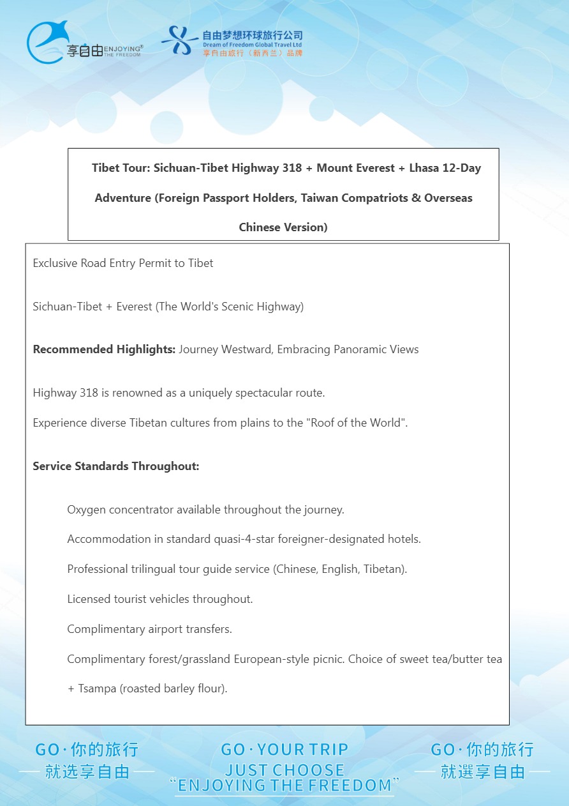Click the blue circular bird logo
[47, 42]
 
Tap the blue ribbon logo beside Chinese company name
[181, 40]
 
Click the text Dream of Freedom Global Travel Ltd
[252, 45]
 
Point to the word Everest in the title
[374, 168]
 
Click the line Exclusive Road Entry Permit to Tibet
[123, 263]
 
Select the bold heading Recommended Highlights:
[104, 349]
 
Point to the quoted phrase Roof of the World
[357, 423]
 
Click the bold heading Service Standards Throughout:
[116, 466]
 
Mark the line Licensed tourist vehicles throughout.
[160, 599]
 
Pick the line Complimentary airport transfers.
[149, 629]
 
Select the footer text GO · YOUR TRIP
[284, 750]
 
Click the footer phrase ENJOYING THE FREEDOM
[284, 785]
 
